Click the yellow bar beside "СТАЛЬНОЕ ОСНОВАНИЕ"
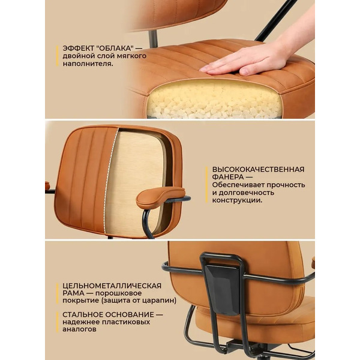(59, 322)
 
